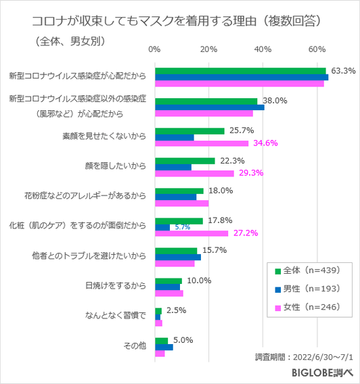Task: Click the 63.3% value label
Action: click(x=343, y=71)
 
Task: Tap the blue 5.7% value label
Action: click(x=182, y=227)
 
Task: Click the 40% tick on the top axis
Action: click(x=263, y=49)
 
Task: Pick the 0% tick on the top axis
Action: click(x=154, y=49)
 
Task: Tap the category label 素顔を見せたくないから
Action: click(x=104, y=137)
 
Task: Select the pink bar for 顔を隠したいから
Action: click(x=194, y=174)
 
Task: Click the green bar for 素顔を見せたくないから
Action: click(x=189, y=130)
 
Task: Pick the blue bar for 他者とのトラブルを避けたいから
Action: click(x=178, y=257)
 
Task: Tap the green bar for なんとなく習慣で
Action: click(x=158, y=310)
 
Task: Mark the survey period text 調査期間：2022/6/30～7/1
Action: click(x=304, y=356)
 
